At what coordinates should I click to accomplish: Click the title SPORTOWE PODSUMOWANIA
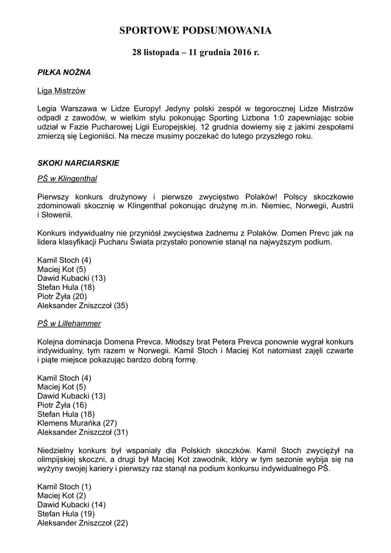point(195,31)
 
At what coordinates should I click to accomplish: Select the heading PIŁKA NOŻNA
point(64,72)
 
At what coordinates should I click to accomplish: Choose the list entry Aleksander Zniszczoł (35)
point(83,306)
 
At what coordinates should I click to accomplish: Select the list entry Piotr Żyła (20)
point(62,296)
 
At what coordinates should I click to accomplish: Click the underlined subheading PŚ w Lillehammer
point(69,323)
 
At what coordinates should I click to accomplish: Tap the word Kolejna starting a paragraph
point(53,342)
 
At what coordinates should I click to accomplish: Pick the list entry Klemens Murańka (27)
point(77,423)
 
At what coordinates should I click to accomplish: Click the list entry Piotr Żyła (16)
point(62,404)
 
